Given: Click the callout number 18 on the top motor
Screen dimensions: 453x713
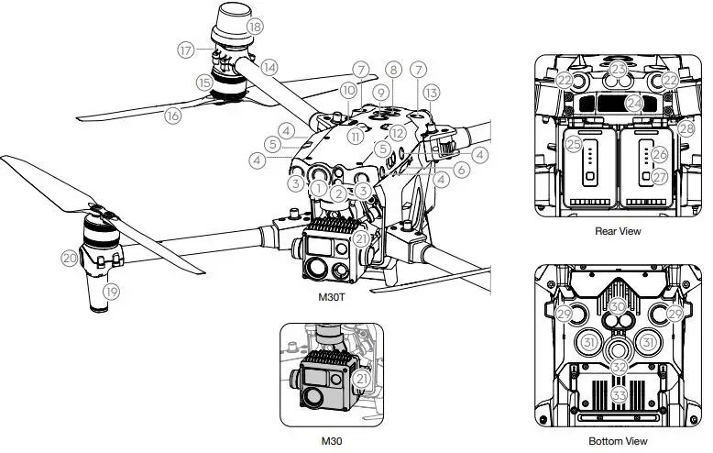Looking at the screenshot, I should [254, 27].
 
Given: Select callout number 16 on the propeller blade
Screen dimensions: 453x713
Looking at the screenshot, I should [171, 115].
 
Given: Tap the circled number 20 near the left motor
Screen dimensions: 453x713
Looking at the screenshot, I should [70, 259].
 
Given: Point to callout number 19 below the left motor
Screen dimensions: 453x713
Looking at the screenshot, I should [112, 293].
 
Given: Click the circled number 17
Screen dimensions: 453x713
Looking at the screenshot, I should [187, 50].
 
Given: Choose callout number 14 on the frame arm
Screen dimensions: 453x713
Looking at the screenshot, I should [269, 67].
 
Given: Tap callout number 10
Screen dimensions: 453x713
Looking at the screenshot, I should [348, 91].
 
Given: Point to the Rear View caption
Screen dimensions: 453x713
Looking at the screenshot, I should [617, 231].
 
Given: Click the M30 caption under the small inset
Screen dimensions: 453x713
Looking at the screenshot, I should [331, 442].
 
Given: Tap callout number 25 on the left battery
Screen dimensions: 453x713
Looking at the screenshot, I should [574, 145].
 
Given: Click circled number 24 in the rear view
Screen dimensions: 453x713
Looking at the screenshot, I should [633, 104].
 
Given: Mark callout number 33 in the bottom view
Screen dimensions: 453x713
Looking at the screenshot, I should [620, 395].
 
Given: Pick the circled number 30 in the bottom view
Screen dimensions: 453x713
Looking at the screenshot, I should [618, 305].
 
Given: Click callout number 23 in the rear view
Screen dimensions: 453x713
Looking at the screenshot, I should [619, 70].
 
